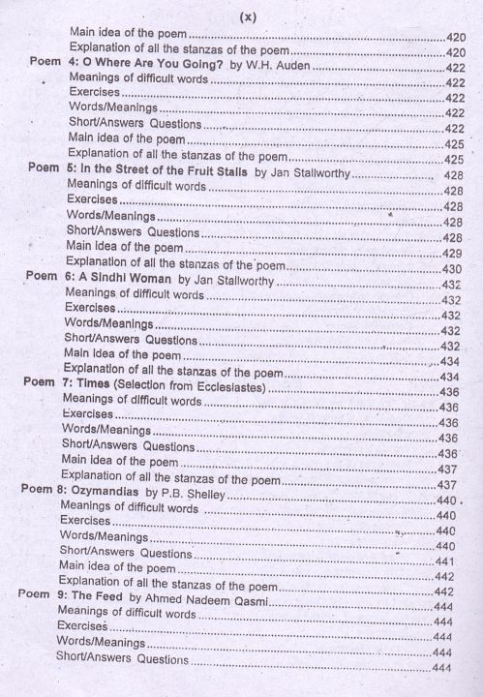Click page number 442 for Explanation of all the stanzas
[x=445, y=577]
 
